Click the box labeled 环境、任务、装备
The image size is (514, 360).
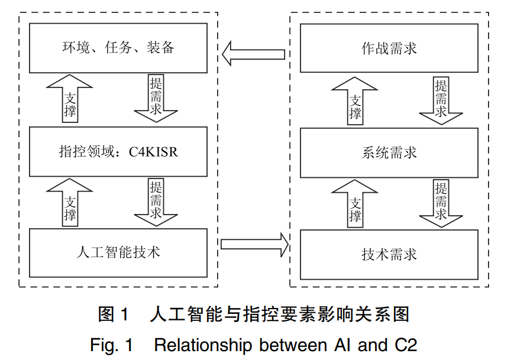pyautogui.click(x=118, y=48)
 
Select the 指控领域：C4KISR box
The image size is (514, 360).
pyautogui.click(x=118, y=152)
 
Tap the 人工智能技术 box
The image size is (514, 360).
pyautogui.click(x=118, y=253)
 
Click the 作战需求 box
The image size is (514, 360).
pyautogui.click(x=389, y=48)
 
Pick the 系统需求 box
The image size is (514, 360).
pyautogui.click(x=389, y=153)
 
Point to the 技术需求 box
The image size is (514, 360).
pyautogui.click(x=389, y=255)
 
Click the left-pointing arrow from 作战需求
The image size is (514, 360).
pyautogui.click(x=253, y=54)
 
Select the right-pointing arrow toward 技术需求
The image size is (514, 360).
pyautogui.click(x=254, y=244)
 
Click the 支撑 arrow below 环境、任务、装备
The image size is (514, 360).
pyautogui.click(x=69, y=99)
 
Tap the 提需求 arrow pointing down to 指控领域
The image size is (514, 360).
pyautogui.click(x=156, y=98)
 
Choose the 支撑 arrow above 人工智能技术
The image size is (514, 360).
pyautogui.click(x=69, y=202)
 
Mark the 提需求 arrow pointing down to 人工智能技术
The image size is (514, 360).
pyautogui.click(x=156, y=202)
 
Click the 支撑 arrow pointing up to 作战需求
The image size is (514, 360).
pyautogui.click(x=355, y=101)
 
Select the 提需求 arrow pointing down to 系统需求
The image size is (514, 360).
pyautogui.click(x=441, y=101)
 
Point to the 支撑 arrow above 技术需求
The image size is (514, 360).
pyautogui.click(x=355, y=203)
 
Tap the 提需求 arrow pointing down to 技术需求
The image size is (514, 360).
pyautogui.click(x=441, y=203)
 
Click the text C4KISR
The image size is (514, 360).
pyautogui.click(x=153, y=152)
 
